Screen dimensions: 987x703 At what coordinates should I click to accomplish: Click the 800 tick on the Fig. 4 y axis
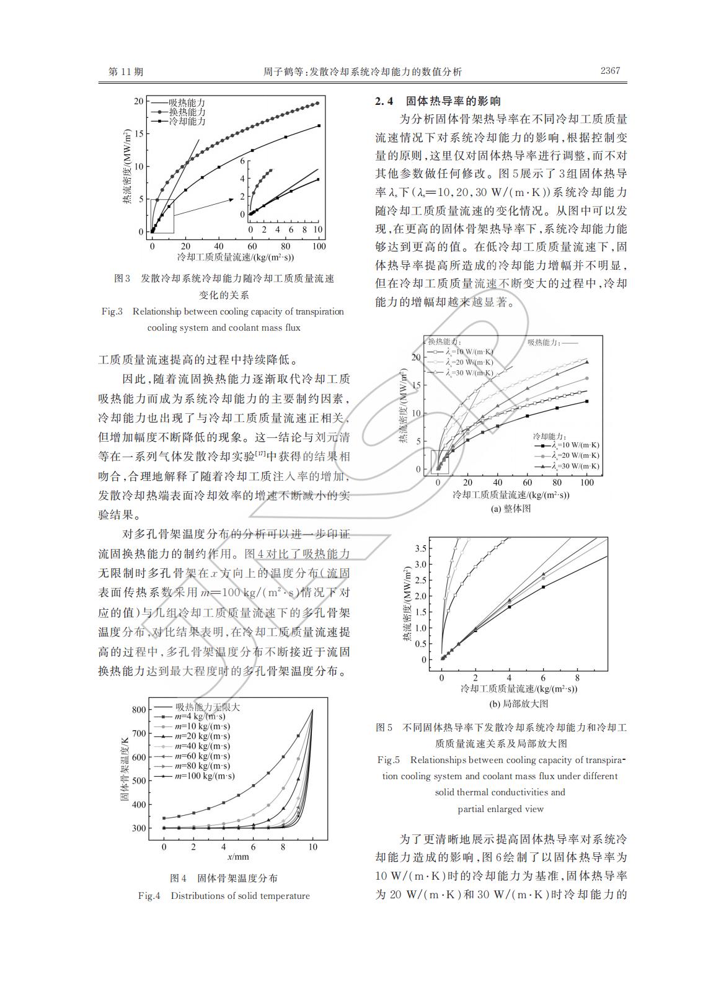click(x=139, y=710)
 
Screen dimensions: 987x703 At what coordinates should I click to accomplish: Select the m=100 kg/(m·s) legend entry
click(x=204, y=775)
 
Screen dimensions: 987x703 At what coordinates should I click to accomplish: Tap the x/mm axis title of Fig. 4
click(x=237, y=857)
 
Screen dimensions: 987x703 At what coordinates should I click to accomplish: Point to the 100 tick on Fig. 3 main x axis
click(x=319, y=246)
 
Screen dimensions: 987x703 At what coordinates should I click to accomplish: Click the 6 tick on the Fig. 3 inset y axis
click(x=242, y=161)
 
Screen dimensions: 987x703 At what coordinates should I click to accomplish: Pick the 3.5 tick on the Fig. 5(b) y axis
click(x=420, y=548)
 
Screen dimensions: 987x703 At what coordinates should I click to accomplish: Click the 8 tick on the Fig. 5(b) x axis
click(x=577, y=678)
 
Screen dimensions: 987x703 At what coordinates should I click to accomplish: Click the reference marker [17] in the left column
click(x=260, y=454)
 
